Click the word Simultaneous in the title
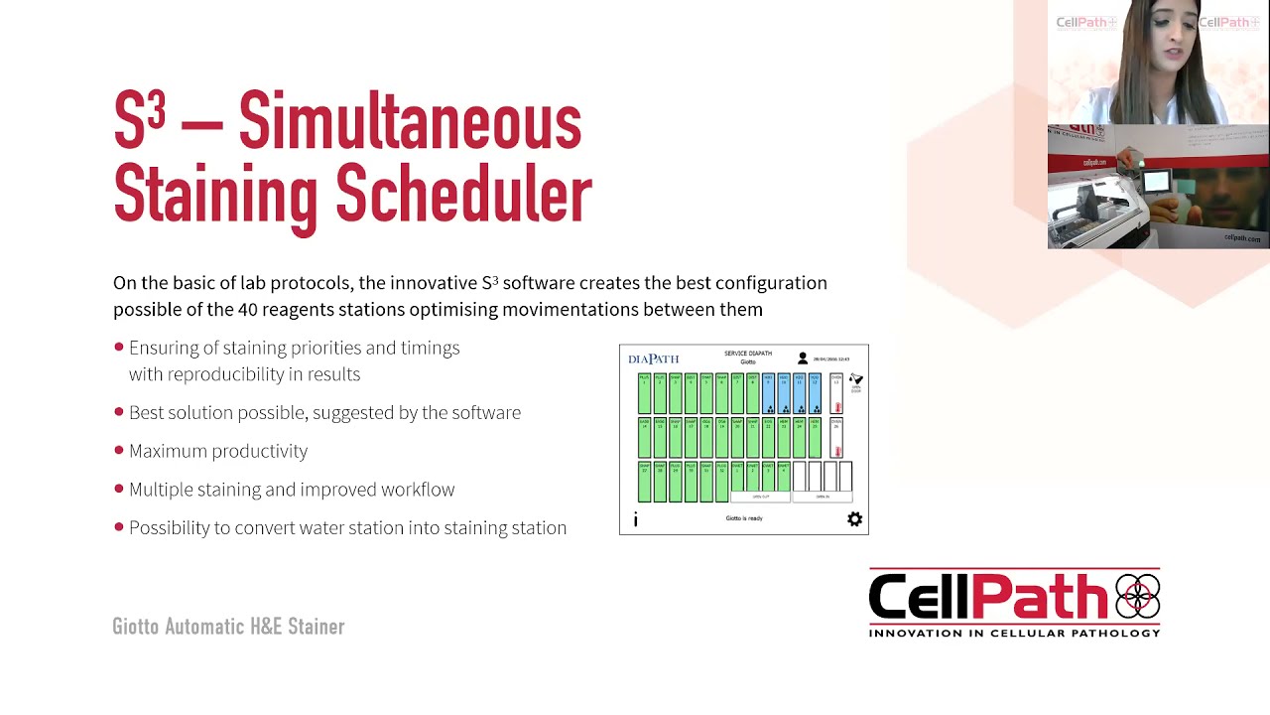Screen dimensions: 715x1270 click(410, 122)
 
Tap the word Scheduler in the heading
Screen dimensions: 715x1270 click(463, 195)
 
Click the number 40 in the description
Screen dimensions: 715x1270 click(248, 309)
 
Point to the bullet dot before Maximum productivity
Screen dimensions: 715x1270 click(119, 451)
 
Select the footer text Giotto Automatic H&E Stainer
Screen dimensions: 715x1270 click(228, 627)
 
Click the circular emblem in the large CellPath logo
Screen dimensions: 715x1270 click(1137, 597)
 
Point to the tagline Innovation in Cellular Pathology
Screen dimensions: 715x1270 click(1014, 633)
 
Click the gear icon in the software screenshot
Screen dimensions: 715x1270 click(854, 519)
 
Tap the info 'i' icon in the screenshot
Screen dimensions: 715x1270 click(635, 519)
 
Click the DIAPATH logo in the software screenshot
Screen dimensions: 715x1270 click(654, 358)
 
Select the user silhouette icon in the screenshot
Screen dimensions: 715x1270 click(803, 358)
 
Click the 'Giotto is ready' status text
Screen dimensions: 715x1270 click(744, 518)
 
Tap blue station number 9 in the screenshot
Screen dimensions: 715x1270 click(768, 393)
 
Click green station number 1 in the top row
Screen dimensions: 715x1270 click(644, 393)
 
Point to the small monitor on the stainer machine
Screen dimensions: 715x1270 click(1156, 181)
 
